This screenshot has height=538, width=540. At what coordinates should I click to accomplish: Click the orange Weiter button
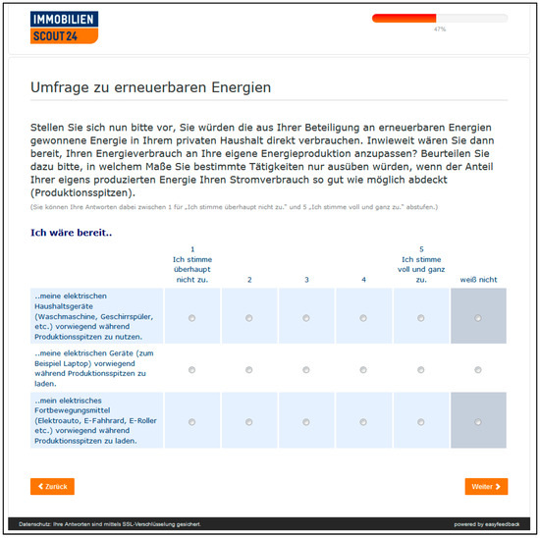click(x=486, y=486)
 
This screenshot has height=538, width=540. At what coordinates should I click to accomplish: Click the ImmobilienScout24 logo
click(x=65, y=27)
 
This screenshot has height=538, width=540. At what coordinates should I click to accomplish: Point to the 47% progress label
click(x=439, y=29)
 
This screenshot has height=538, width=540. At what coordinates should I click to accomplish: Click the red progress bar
click(x=405, y=18)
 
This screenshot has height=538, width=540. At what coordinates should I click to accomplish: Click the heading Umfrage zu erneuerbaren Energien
click(x=151, y=88)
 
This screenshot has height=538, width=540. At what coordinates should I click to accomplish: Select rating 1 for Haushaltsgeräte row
click(x=191, y=317)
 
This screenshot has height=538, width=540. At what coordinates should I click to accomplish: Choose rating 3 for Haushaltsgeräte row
click(x=306, y=317)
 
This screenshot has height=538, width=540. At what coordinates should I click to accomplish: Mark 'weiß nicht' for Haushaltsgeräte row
click(x=478, y=317)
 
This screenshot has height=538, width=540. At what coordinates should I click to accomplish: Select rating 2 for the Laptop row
click(x=248, y=370)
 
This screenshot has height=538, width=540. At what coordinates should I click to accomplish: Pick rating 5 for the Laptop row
click(x=421, y=370)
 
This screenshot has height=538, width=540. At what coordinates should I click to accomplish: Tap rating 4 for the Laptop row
click(x=363, y=370)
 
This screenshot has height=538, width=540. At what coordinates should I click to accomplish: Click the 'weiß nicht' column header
click(x=478, y=280)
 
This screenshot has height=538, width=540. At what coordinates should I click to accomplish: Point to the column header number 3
click(x=306, y=280)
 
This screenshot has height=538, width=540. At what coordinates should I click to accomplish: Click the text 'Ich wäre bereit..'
click(x=72, y=233)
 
